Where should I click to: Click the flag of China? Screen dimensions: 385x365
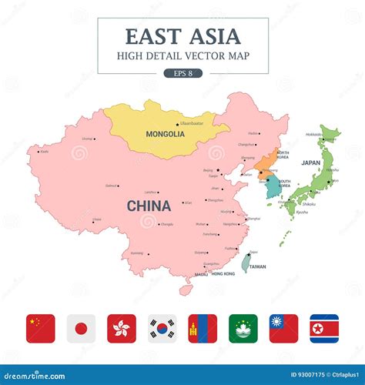[x=41, y=329]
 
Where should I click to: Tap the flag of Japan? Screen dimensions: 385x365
[x=81, y=329]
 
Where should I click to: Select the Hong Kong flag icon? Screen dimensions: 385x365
[x=122, y=329]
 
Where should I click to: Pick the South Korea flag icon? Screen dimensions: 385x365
[x=162, y=329]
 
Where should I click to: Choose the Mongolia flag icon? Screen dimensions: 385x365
[x=203, y=329]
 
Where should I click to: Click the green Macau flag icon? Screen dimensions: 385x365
[x=243, y=329]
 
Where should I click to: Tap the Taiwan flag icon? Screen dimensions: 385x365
[x=283, y=329]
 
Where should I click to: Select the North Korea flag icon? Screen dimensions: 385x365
[x=324, y=329]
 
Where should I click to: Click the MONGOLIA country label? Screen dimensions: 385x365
[x=165, y=134]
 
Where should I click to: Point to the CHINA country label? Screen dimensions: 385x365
[x=149, y=206]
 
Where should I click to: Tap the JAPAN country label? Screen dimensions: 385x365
[x=310, y=163]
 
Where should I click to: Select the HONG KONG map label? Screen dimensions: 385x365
[x=223, y=274]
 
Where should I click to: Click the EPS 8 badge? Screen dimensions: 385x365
[x=182, y=73]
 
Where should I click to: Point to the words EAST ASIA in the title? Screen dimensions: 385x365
[x=182, y=36]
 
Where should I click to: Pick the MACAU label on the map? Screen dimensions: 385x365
[x=201, y=274]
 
